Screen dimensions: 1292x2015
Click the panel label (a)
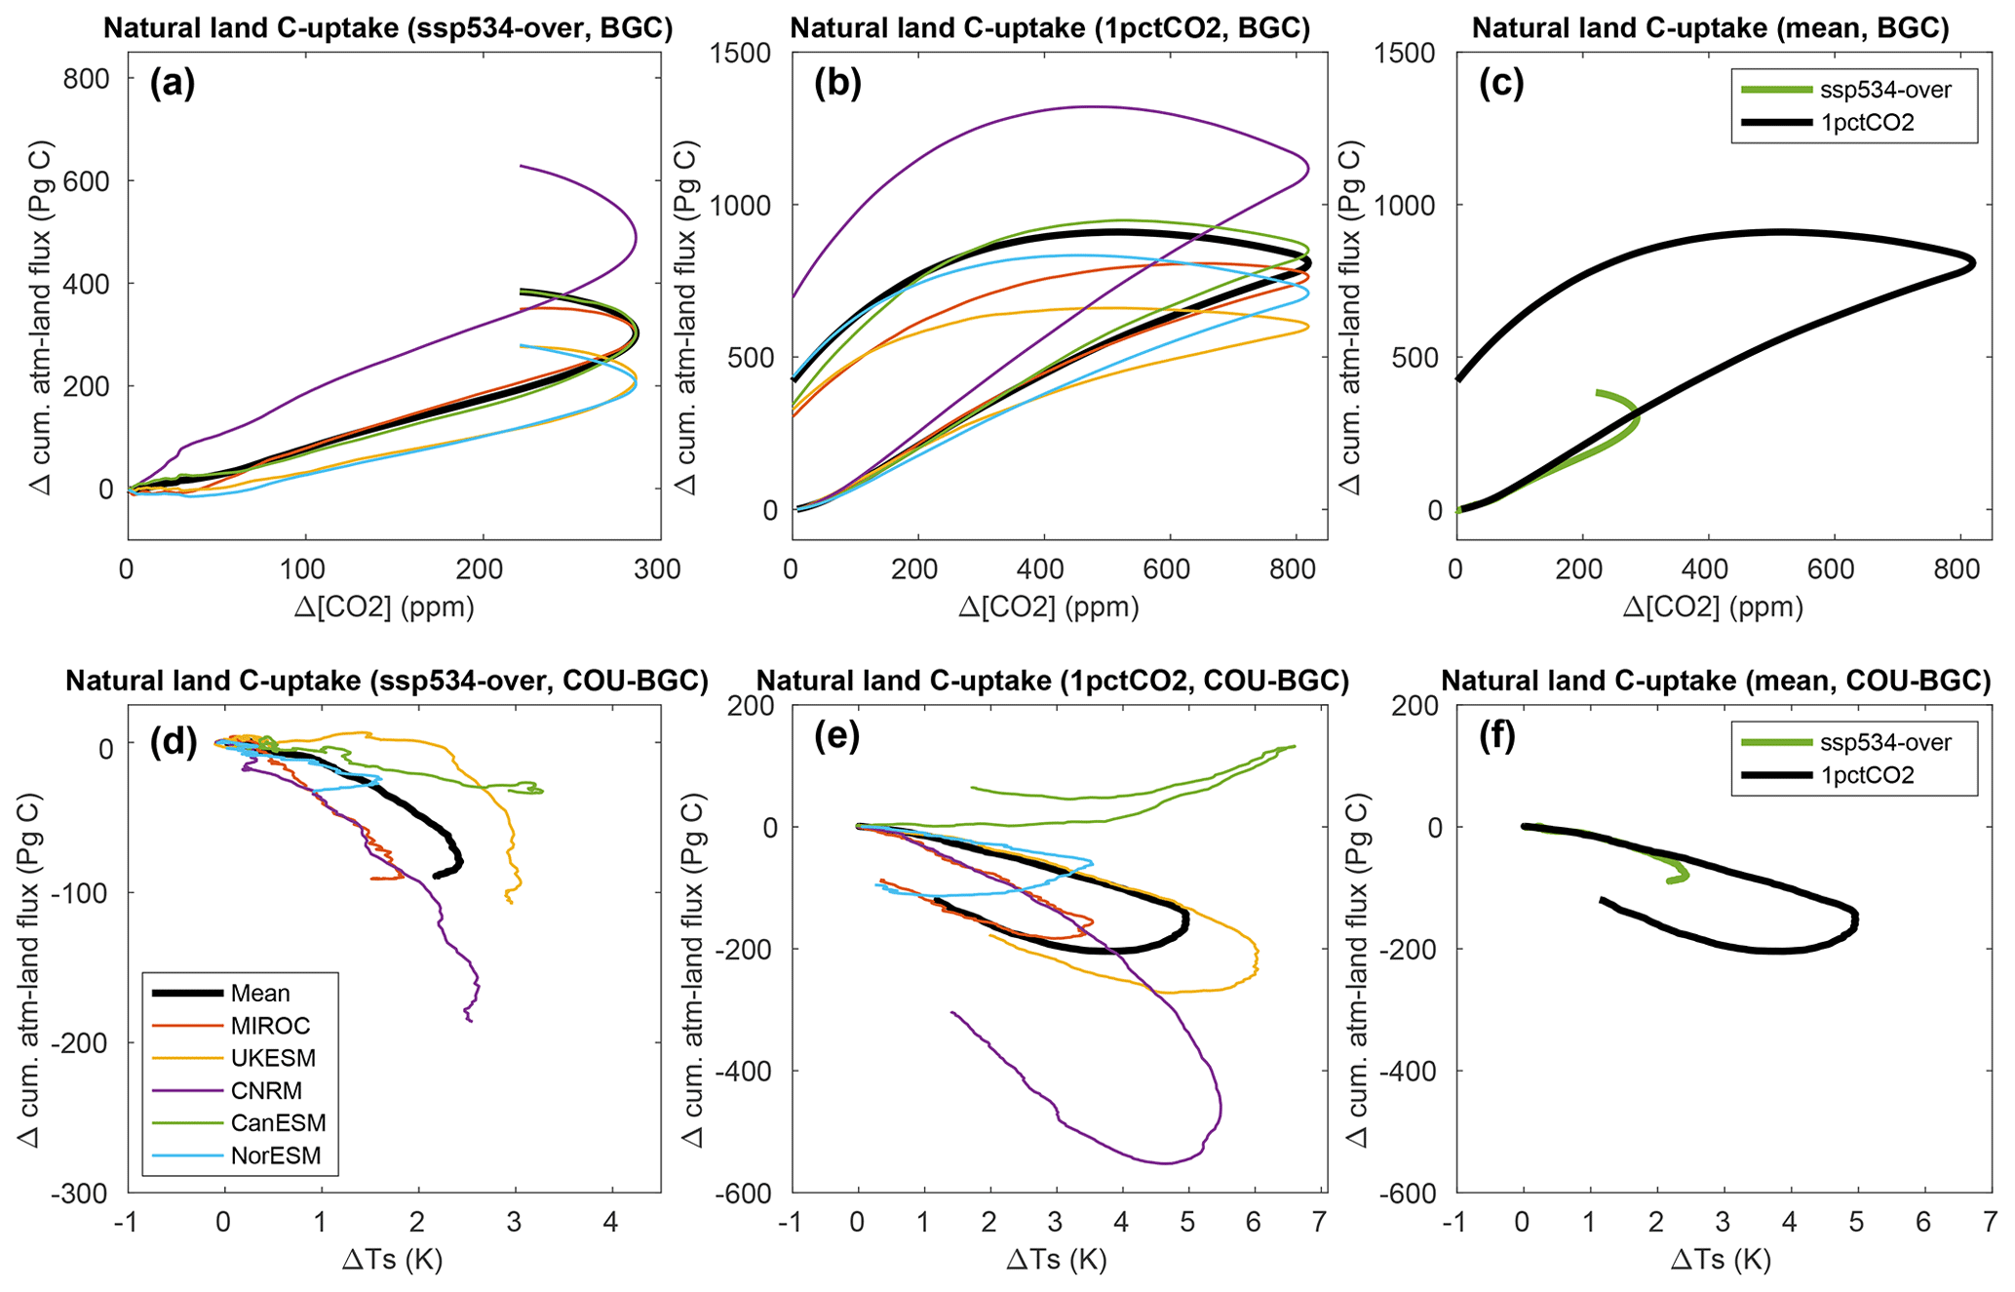tap(173, 85)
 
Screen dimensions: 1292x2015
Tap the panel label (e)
tap(836, 737)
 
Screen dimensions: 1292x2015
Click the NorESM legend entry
tap(275, 1156)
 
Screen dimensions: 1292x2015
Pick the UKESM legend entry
tap(273, 1058)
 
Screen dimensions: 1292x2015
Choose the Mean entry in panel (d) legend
tap(260, 993)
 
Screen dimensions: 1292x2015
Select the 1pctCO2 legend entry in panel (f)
tap(1867, 775)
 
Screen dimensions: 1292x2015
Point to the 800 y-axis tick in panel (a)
tap(87, 79)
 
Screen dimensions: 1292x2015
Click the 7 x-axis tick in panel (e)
tap(1320, 1223)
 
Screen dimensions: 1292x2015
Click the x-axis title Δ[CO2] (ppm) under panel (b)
tap(1049, 607)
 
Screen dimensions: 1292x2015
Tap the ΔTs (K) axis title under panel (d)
tap(393, 1260)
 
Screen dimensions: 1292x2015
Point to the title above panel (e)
tap(1052, 681)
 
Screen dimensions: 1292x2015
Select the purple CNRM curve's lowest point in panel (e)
tap(1166, 1162)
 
